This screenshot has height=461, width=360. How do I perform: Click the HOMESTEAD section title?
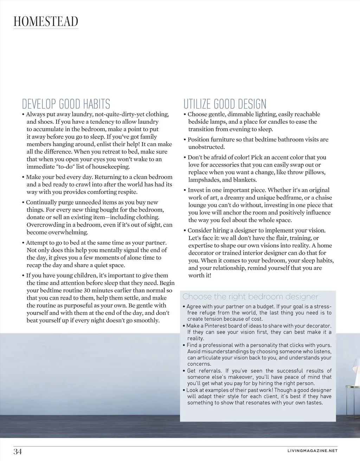coord(46,21)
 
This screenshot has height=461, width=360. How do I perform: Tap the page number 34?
coord(18,452)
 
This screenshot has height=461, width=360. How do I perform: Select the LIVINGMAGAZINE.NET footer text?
coord(312,451)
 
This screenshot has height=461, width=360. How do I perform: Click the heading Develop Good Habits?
coord(66,104)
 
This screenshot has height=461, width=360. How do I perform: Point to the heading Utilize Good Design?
coord(225,104)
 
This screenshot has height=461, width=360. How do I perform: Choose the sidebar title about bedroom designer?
coord(250,297)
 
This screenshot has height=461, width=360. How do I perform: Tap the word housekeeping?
coord(111,167)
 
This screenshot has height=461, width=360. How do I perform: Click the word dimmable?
coord(244,114)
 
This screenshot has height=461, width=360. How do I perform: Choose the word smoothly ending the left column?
coord(145,320)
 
